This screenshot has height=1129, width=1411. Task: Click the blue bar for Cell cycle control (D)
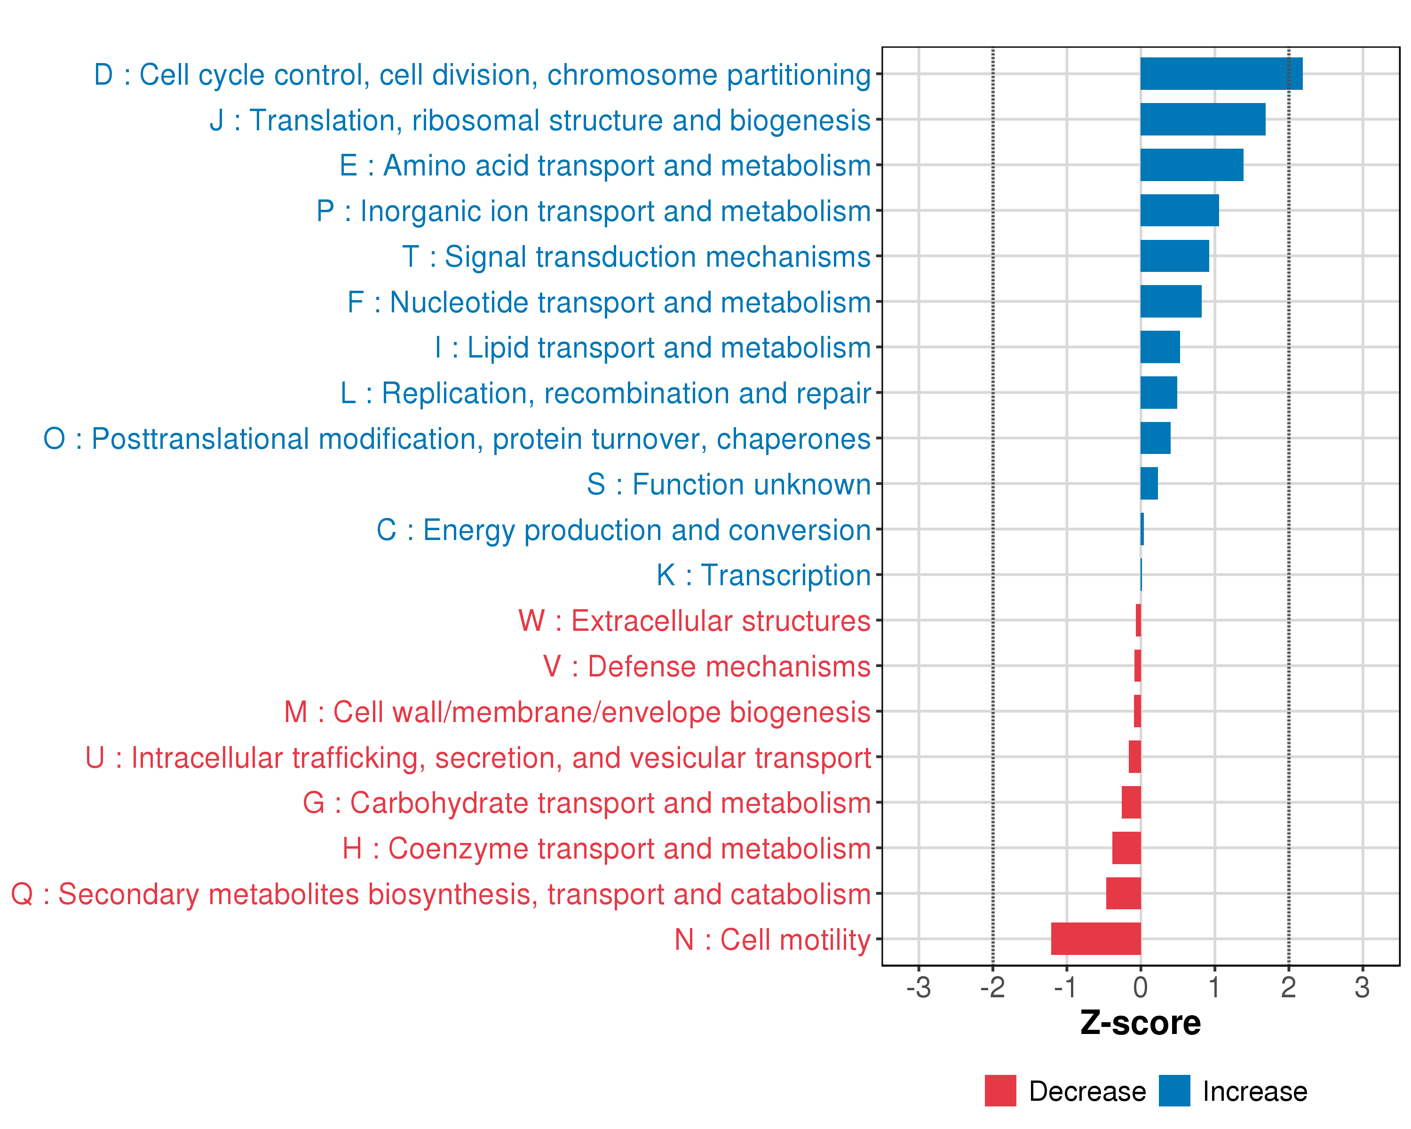click(x=1221, y=74)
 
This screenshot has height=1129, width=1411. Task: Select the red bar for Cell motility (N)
click(x=1095, y=938)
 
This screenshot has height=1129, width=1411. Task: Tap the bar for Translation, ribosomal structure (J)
click(x=1202, y=119)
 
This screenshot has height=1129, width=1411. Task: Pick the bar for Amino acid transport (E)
click(x=1191, y=165)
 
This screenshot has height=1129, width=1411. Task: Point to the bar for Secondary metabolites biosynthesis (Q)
click(x=1123, y=893)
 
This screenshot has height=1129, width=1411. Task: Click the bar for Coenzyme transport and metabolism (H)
click(x=1126, y=848)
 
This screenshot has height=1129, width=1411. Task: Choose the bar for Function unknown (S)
click(x=1149, y=484)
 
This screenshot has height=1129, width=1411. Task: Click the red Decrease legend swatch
click(x=1000, y=1091)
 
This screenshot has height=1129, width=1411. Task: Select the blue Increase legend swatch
click(x=1174, y=1091)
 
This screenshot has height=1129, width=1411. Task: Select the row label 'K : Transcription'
click(x=763, y=575)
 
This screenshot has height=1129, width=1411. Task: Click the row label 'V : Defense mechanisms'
click(x=706, y=666)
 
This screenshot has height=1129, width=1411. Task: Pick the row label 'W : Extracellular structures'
click(x=694, y=621)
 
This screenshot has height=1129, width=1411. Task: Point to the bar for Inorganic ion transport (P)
click(x=1179, y=211)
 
